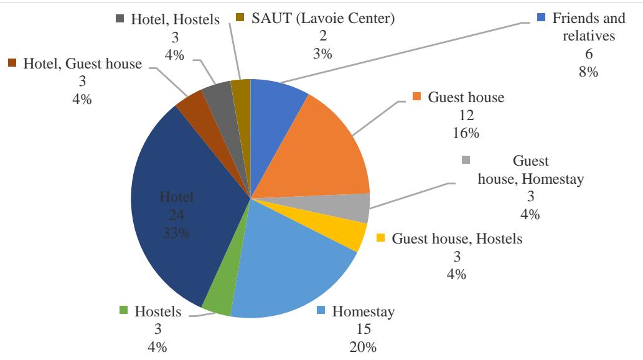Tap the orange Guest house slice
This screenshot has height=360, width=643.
(324, 149)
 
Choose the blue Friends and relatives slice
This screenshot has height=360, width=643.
(277, 112)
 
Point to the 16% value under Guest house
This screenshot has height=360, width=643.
(461, 133)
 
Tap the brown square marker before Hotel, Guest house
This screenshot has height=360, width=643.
(11, 62)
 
